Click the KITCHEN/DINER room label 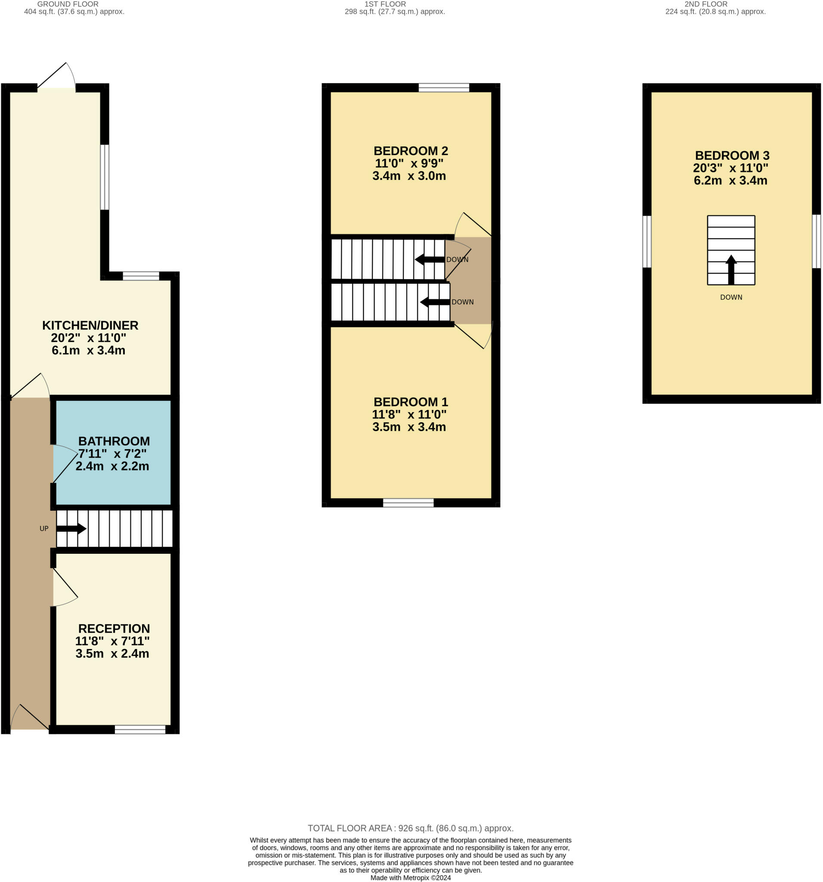click(90, 325)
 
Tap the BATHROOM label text click(114, 441)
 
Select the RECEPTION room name click(114, 628)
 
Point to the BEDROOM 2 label click(411, 151)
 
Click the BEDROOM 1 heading click(411, 402)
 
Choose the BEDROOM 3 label click(732, 155)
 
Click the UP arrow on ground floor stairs click(71, 528)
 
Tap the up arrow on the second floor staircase click(731, 269)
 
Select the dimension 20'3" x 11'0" click(730, 168)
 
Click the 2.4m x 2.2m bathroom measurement click(112, 466)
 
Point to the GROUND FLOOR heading click(68, 4)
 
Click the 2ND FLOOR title click(706, 4)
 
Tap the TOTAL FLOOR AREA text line click(411, 828)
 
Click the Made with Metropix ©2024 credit click(411, 878)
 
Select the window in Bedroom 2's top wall click(444, 87)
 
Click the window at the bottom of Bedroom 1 click(408, 503)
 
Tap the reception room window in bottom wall click(140, 730)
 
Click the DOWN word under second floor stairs click(731, 297)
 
